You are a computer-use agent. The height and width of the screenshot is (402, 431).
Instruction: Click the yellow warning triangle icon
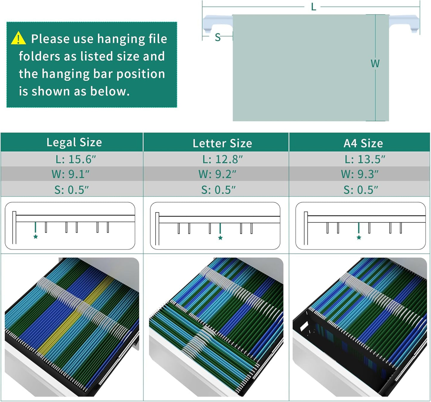(x=18, y=38)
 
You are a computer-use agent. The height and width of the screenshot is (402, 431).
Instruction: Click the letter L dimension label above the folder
(x=313, y=7)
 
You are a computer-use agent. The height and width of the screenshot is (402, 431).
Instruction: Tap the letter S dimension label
(x=218, y=37)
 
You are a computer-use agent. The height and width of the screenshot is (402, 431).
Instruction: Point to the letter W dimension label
(x=375, y=64)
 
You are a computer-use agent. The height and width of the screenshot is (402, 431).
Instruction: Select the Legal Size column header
(x=74, y=142)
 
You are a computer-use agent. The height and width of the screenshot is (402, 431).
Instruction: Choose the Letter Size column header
(x=222, y=143)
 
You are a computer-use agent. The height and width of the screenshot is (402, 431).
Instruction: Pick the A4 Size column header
(x=363, y=143)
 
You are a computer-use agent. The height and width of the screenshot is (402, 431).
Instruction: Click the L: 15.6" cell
(x=75, y=159)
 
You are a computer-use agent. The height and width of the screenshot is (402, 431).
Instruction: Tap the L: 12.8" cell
(x=223, y=159)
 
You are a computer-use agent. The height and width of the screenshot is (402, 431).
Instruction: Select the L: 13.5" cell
(x=365, y=159)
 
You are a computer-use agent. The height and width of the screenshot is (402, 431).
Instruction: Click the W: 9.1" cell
(x=70, y=174)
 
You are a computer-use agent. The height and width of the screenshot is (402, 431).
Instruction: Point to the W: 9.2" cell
(x=217, y=174)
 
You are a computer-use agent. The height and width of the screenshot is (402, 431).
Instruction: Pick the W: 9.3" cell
(x=360, y=174)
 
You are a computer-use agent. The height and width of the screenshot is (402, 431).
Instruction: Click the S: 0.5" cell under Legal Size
(x=72, y=190)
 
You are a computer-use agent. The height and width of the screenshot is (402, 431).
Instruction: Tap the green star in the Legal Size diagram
(x=35, y=236)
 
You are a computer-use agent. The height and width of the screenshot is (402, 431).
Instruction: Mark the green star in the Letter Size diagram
(x=220, y=238)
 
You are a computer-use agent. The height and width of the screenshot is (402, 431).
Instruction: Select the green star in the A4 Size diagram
(x=359, y=237)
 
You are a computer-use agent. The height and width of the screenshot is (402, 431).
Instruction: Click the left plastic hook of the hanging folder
(x=217, y=23)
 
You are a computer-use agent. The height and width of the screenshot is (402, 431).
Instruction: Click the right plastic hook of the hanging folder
(x=404, y=23)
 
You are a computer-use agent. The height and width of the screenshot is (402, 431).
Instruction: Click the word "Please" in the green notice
(x=51, y=39)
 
